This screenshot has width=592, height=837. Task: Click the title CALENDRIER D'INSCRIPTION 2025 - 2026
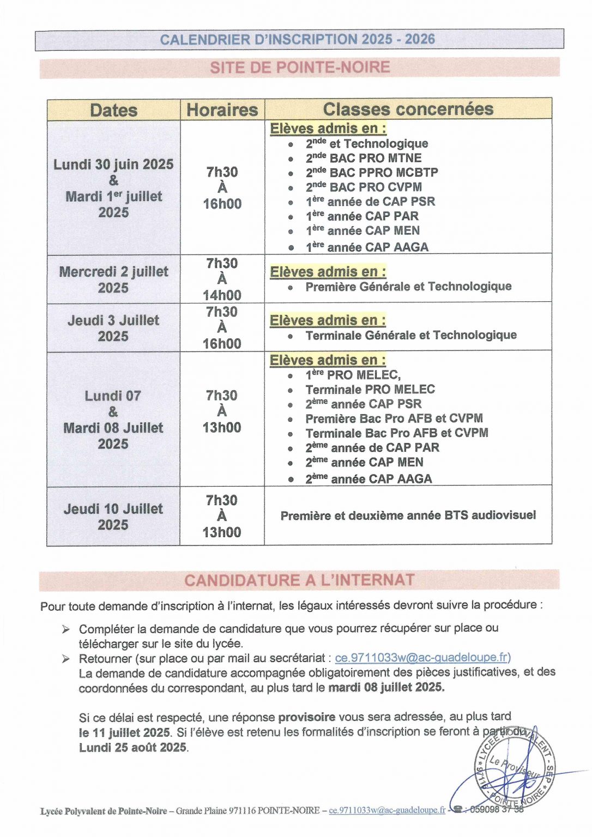[298, 39]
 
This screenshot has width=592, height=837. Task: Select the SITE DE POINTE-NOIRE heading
[300, 68]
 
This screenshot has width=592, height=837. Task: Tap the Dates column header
[113, 110]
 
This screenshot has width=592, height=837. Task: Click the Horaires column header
[222, 110]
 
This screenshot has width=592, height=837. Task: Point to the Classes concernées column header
[408, 109]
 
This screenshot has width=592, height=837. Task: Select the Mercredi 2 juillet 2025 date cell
[113, 280]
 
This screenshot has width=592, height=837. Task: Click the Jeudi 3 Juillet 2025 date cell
[113, 328]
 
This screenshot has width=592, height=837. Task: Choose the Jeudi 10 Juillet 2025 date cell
[113, 517]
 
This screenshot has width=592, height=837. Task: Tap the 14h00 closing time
[222, 295]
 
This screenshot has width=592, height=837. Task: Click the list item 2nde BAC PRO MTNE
[364, 158]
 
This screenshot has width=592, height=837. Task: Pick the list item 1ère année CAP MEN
[363, 231]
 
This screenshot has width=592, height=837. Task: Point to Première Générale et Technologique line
[408, 287]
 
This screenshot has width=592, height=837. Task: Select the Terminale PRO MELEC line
[370, 390]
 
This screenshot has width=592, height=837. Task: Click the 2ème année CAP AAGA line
[369, 479]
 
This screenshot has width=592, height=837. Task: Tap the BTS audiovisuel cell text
[408, 515]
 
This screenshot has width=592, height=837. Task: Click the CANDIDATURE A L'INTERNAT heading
[299, 580]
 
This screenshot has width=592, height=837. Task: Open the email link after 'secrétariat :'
[422, 658]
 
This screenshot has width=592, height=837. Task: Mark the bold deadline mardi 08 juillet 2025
[386, 687]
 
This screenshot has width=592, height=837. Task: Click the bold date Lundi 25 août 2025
[133, 748]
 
